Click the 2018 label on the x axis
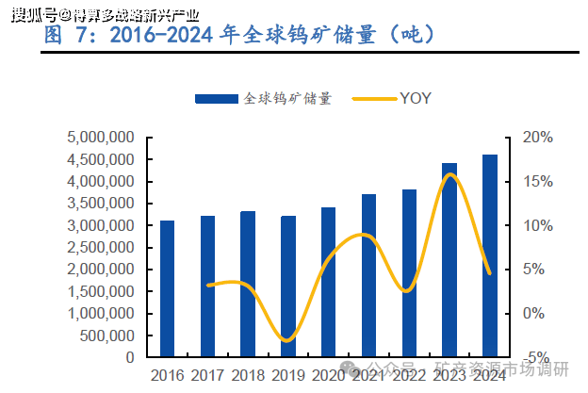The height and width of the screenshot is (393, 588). (x=248, y=375)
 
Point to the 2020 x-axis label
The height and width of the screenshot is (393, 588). (x=329, y=375)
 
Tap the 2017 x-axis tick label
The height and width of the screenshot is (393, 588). (x=207, y=375)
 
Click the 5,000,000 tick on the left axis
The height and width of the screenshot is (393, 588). (x=100, y=138)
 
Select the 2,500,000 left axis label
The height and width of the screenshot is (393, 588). (x=100, y=248)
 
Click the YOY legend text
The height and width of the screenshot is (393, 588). (x=416, y=98)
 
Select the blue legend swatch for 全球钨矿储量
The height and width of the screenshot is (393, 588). (x=217, y=98)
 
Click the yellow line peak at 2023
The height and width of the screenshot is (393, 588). (x=450, y=174)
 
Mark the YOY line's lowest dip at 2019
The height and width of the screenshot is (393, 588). (x=288, y=340)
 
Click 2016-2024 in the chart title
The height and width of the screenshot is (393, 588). (x=162, y=36)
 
